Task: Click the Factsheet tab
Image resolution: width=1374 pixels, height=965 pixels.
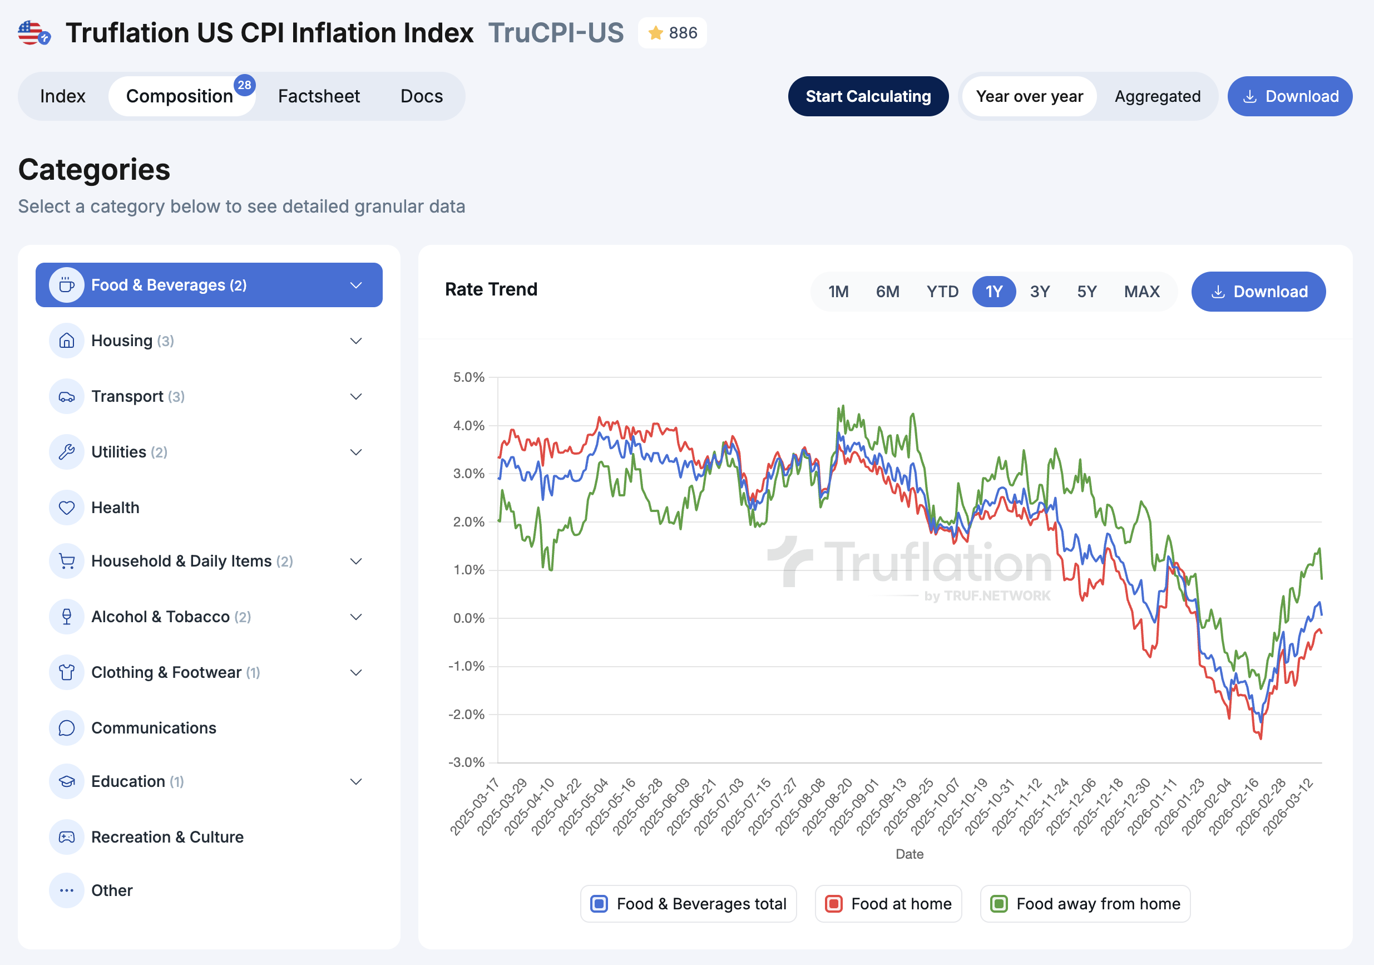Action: tap(318, 96)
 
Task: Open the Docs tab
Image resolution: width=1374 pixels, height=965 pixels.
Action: tap(421, 96)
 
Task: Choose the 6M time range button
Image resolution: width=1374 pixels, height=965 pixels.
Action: tap(887, 292)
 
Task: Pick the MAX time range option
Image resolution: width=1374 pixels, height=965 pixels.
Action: tap(1141, 292)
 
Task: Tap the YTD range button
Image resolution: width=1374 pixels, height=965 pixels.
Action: tap(942, 292)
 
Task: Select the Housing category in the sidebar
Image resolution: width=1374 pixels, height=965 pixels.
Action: tap(122, 341)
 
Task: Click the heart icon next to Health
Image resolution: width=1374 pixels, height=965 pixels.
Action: tap(66, 508)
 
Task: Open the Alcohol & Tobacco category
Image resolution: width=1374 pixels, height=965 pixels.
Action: tap(160, 617)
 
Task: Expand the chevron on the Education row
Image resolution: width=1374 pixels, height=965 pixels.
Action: tap(356, 781)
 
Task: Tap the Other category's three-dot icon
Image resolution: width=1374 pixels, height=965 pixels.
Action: tap(66, 890)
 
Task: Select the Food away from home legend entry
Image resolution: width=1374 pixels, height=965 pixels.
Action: tap(1085, 903)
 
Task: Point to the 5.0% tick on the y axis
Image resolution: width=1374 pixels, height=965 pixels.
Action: tap(468, 377)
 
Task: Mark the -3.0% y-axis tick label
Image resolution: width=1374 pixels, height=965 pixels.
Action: tap(466, 762)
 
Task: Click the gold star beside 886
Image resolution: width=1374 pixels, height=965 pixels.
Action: tap(655, 33)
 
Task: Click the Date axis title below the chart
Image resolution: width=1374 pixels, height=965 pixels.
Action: tap(909, 854)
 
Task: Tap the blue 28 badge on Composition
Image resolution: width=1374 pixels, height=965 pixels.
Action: tap(244, 85)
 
